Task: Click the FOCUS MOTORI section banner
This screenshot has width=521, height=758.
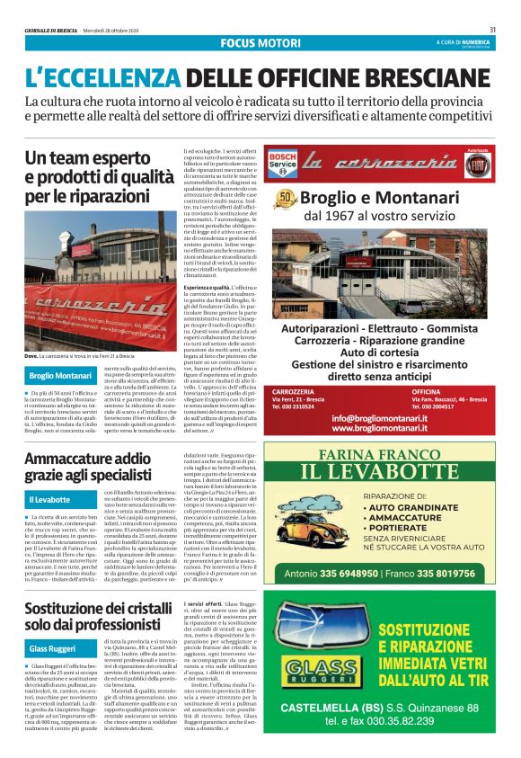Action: (260, 42)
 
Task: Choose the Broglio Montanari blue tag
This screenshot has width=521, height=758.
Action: (60, 374)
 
